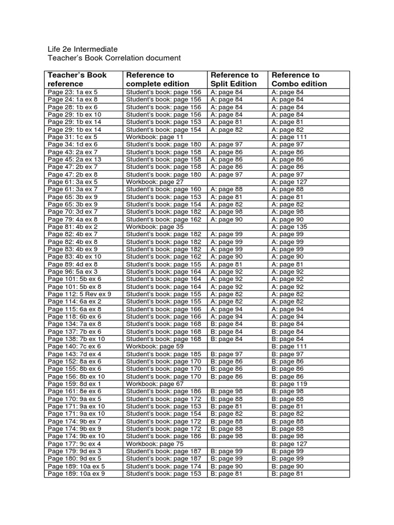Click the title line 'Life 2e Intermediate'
tap(83, 49)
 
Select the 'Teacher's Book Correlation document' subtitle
tap(114, 58)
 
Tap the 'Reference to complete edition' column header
tap(157, 79)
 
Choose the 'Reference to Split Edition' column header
tap(234, 79)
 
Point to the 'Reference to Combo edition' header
tap(299, 79)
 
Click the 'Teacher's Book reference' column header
tap(77, 79)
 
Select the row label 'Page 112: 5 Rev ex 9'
tap(80, 294)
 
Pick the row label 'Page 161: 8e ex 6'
tap(74, 391)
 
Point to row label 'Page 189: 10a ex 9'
tap(76, 474)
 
